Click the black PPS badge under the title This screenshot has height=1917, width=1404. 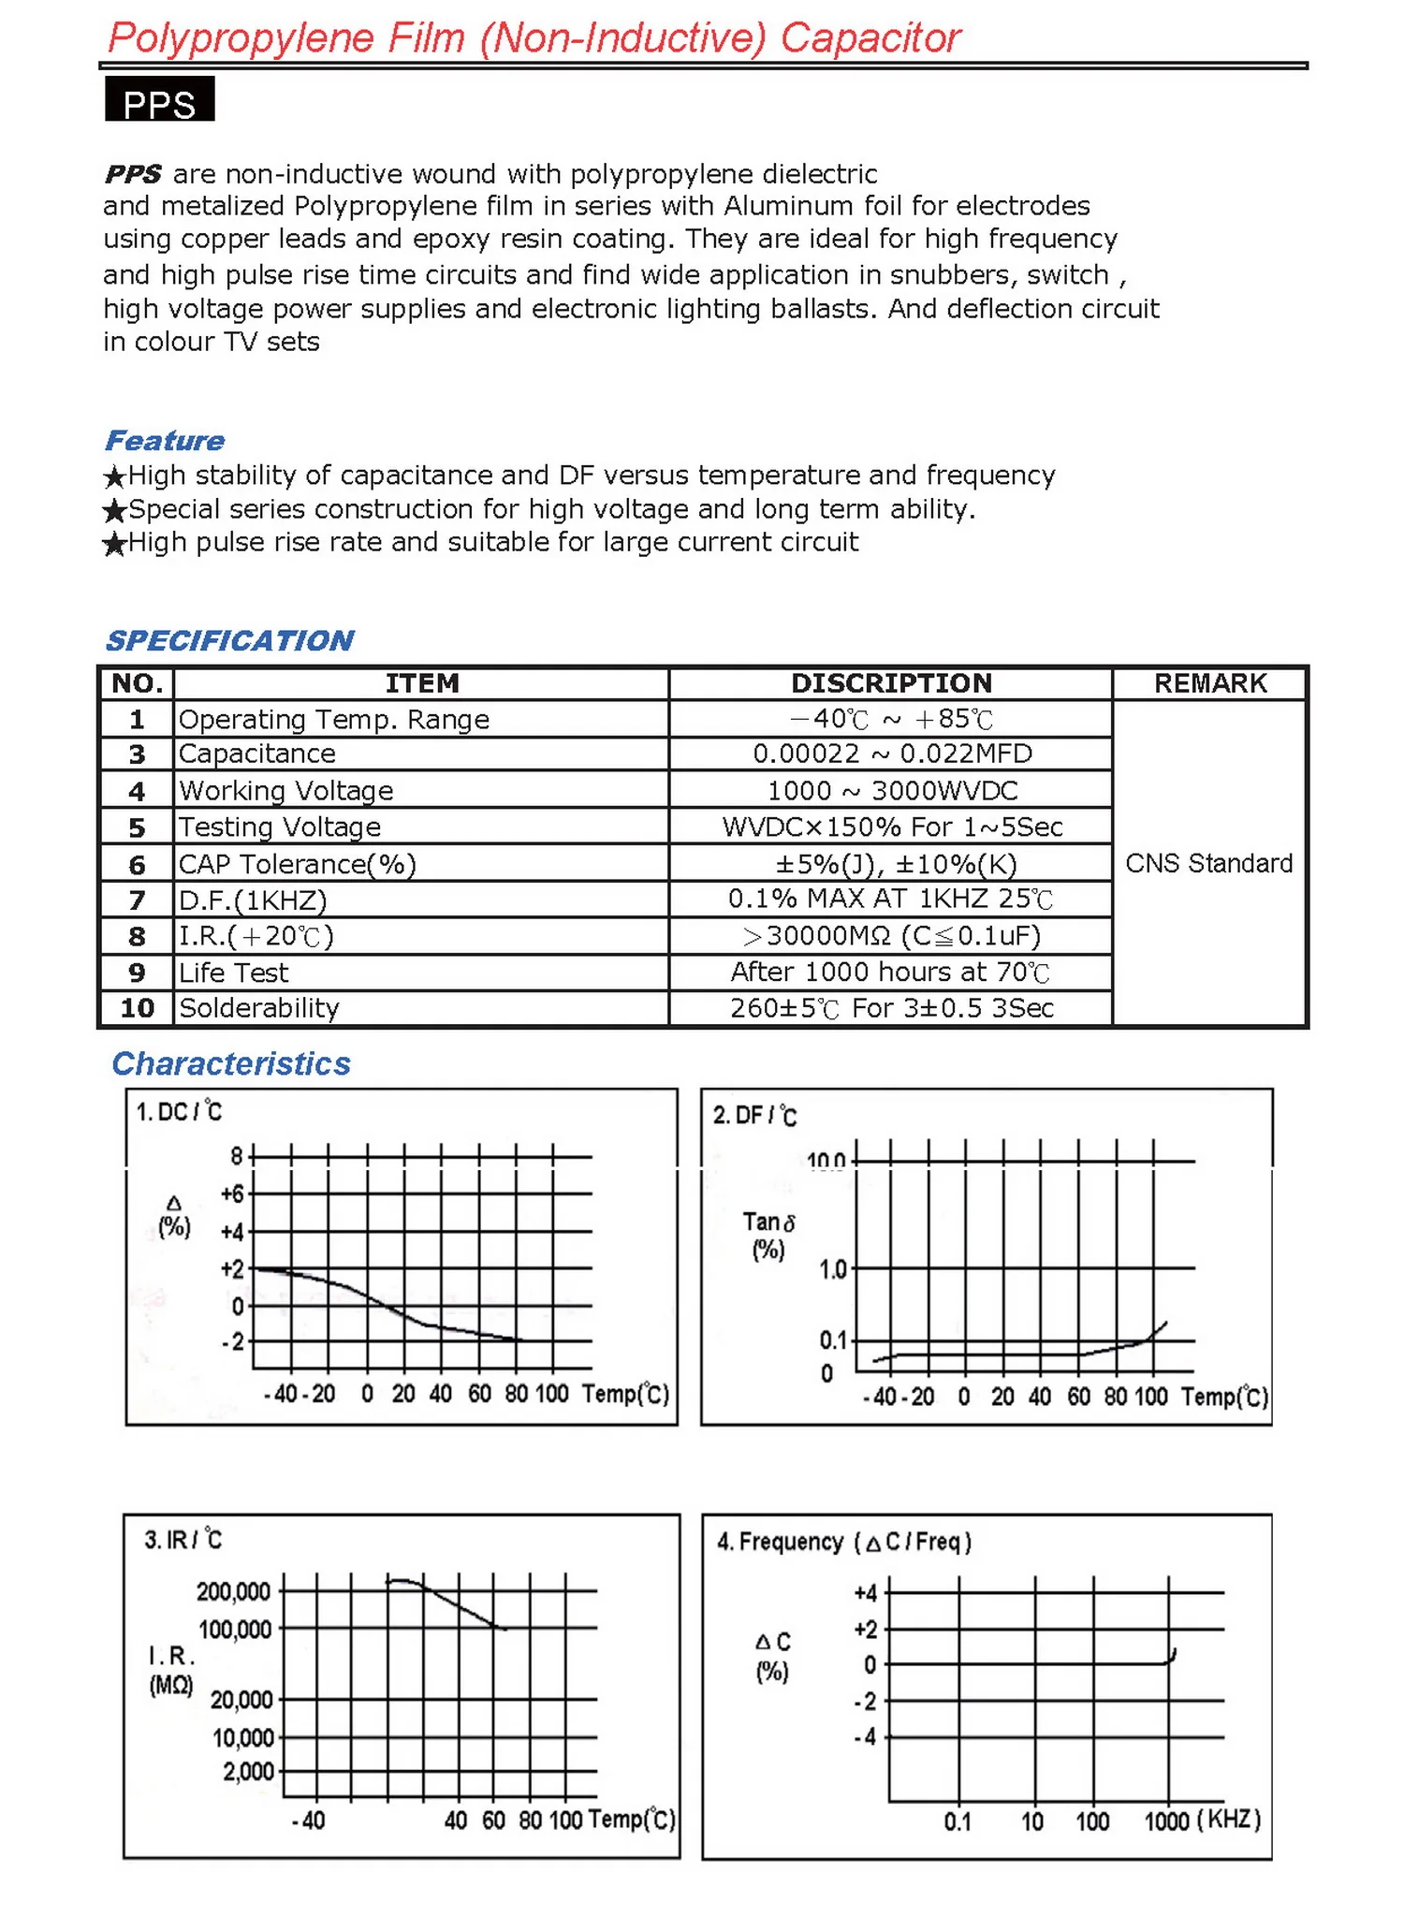click(x=159, y=100)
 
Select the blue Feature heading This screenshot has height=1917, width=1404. click(x=165, y=441)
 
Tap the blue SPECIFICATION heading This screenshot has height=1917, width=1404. click(x=229, y=640)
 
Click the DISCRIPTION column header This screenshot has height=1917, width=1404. click(x=891, y=683)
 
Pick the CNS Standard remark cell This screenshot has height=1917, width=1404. click(x=1208, y=863)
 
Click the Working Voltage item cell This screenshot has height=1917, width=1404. click(x=285, y=791)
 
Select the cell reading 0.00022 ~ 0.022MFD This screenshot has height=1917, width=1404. click(x=891, y=754)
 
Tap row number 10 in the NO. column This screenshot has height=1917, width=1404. click(x=137, y=1008)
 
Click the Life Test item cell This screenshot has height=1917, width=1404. click(x=234, y=973)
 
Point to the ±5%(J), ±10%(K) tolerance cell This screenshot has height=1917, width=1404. click(x=891, y=864)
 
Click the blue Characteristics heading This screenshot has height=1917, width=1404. click(x=231, y=1064)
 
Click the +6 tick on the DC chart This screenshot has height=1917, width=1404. click(x=232, y=1194)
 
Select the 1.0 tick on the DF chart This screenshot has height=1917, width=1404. click(x=832, y=1269)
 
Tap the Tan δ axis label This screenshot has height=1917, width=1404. click(x=768, y=1222)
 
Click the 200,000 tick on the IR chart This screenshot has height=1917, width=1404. click(x=234, y=1592)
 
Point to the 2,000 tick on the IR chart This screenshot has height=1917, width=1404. click(x=248, y=1772)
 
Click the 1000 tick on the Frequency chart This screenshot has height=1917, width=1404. click(x=1166, y=1822)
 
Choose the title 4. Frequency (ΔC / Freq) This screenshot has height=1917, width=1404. click(x=843, y=1542)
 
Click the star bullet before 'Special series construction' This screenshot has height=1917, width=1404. click(x=114, y=510)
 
